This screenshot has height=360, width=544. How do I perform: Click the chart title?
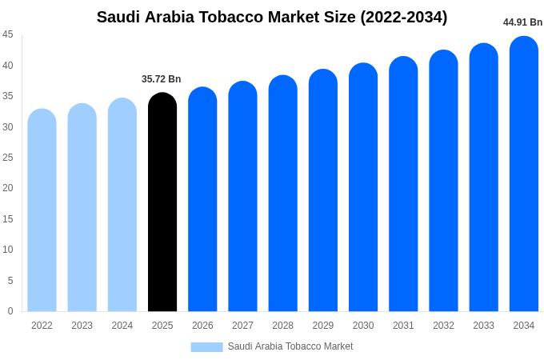click(x=272, y=17)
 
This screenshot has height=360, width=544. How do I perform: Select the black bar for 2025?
click(x=162, y=204)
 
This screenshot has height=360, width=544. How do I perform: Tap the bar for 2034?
click(x=524, y=176)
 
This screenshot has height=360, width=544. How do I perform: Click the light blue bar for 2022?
click(x=42, y=212)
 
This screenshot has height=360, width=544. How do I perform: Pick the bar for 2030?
click(x=363, y=189)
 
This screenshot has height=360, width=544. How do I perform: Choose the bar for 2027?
click(x=242, y=198)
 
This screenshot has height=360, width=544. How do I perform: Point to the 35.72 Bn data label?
click(x=162, y=79)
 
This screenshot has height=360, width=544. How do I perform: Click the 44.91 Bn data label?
click(x=522, y=22)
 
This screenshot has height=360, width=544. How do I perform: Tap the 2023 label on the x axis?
click(x=82, y=326)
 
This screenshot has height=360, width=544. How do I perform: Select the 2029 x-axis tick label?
click(x=323, y=326)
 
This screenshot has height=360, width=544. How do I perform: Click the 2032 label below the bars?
click(x=443, y=326)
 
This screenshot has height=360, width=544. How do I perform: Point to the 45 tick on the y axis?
click(x=8, y=34)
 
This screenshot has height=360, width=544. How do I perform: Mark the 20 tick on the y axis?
click(x=8, y=188)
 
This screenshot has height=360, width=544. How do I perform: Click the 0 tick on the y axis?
click(x=10, y=311)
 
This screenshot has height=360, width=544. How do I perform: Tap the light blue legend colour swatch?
click(x=206, y=347)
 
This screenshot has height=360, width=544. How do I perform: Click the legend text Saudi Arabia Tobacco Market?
click(x=290, y=347)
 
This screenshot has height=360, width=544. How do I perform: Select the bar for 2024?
click(x=122, y=206)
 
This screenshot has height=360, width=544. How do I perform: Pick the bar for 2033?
click(x=483, y=179)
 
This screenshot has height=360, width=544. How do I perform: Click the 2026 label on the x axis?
click(x=202, y=326)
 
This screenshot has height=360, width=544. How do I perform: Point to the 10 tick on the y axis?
click(x=8, y=250)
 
